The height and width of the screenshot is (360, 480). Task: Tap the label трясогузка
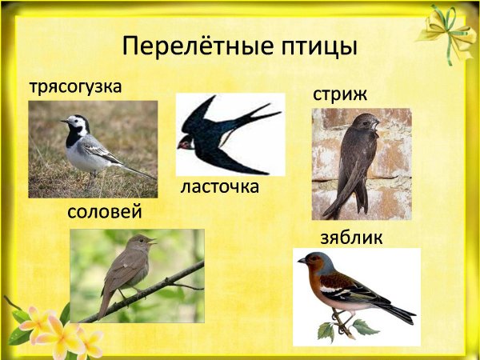(76, 86)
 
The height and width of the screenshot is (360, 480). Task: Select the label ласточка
(220, 188)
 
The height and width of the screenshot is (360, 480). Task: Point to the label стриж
(340, 94)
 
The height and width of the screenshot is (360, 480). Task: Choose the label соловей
(105, 213)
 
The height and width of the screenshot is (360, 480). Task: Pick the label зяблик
(351, 238)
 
